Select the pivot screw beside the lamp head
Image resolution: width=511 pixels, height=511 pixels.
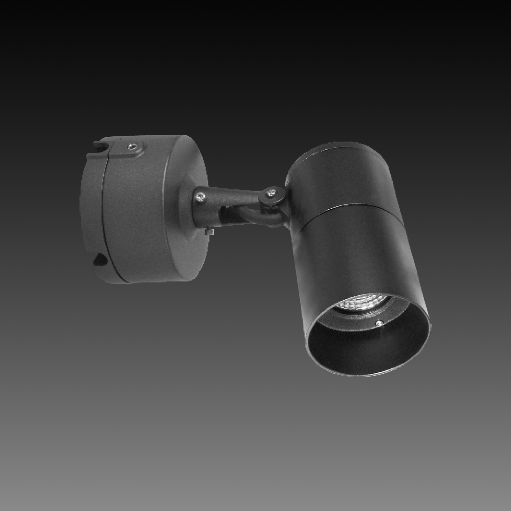pos(270,193)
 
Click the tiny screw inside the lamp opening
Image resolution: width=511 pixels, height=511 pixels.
pos(378,323)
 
